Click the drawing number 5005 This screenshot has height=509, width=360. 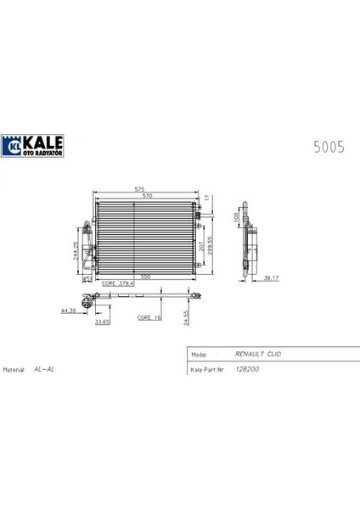coord(329,146)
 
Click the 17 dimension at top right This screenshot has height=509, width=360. coord(207,199)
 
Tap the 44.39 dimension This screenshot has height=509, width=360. coord(69,311)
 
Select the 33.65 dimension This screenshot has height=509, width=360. coord(103,322)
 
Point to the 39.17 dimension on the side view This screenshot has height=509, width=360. coord(269,278)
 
